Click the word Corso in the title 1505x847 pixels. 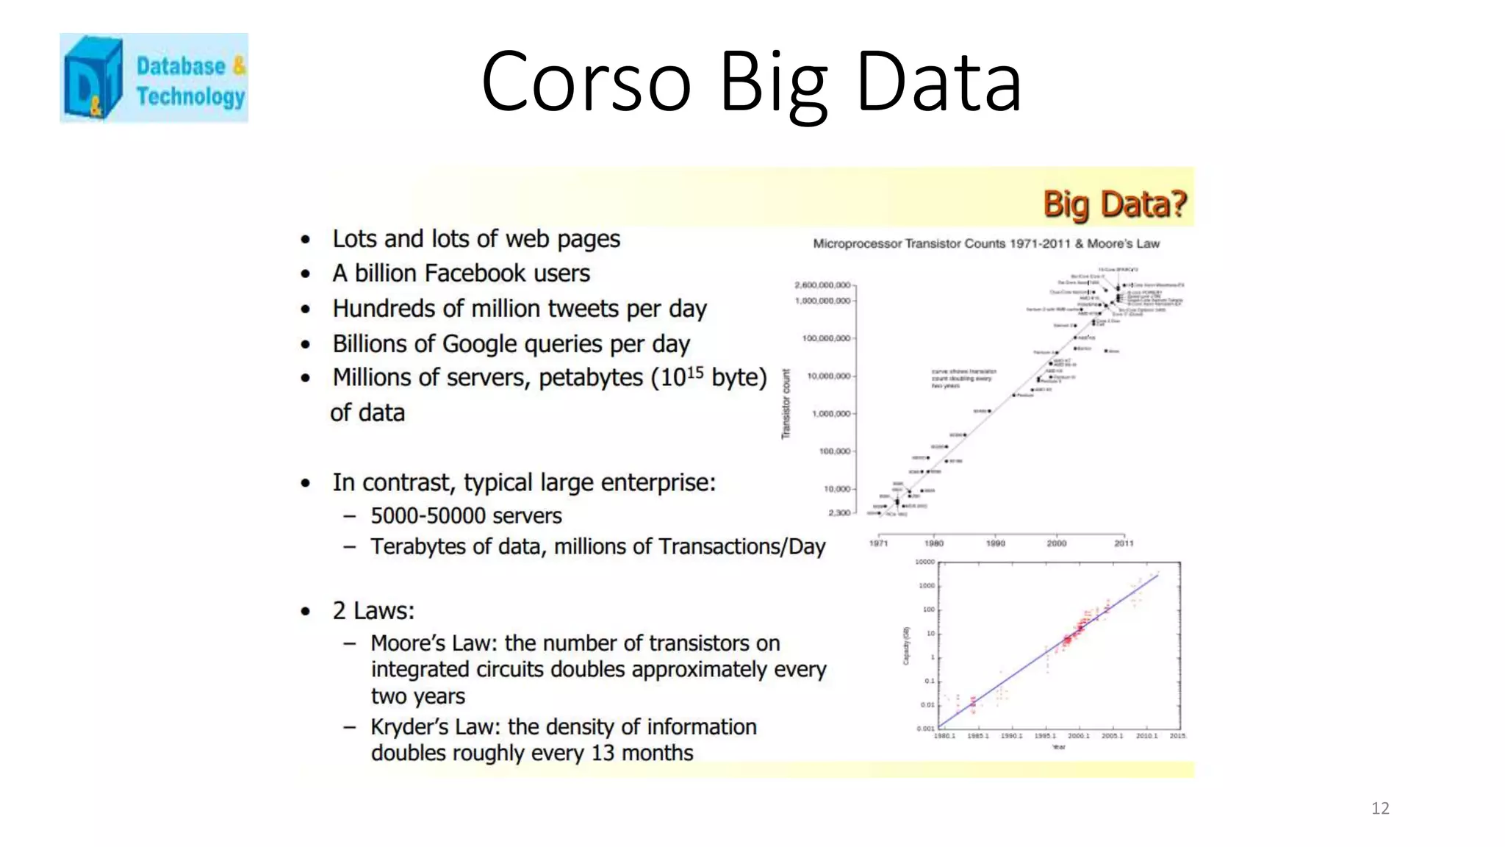click(586, 82)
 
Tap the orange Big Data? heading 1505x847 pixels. click(1114, 204)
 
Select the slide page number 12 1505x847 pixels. click(1379, 808)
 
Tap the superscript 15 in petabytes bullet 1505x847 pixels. click(694, 372)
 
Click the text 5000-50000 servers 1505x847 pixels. click(466, 516)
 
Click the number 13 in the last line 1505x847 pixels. click(603, 754)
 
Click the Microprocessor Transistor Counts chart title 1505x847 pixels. click(985, 243)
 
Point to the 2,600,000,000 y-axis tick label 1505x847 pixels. click(822, 285)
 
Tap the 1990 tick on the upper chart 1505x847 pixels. click(995, 543)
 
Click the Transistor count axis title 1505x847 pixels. click(786, 404)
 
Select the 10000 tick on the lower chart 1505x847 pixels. click(924, 562)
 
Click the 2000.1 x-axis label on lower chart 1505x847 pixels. click(1078, 736)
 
